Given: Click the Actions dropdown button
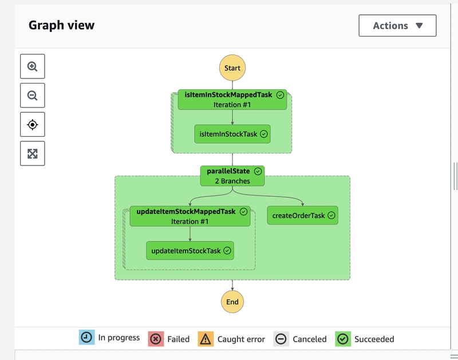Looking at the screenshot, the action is (397, 26).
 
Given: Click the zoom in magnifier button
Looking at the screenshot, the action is (33, 66).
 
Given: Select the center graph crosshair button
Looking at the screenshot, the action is (33, 124).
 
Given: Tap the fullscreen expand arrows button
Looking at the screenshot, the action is (33, 153).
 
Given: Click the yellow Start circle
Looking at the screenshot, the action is (232, 68).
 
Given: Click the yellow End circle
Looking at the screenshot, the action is (232, 302).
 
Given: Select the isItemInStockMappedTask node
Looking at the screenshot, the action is (232, 100).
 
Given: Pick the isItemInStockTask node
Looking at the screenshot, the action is (232, 134).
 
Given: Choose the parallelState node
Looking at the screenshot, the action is (232, 176).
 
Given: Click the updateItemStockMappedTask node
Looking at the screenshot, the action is (190, 216).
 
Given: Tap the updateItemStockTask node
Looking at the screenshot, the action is (190, 251).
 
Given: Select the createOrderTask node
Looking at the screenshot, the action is (303, 215).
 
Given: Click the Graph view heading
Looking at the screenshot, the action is (61, 25).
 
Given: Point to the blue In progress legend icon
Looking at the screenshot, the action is (87, 337).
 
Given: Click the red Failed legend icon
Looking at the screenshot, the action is (156, 339).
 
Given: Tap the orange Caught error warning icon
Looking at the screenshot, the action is (206, 339).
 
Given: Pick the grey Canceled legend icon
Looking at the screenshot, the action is (281, 339).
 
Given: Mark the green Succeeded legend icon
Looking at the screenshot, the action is (343, 339).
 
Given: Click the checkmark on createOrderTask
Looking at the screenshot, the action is (331, 215).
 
